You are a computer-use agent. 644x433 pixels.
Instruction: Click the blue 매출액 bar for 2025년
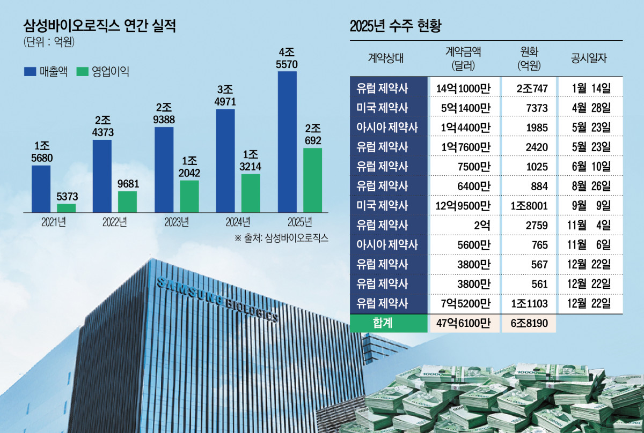click(x=287, y=141)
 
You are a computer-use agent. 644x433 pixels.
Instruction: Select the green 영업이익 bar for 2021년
click(x=67, y=208)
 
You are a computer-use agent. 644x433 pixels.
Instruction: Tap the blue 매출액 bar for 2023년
click(x=164, y=169)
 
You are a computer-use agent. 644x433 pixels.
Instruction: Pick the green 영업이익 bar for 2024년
click(x=251, y=193)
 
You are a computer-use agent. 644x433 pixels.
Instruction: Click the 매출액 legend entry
click(x=46, y=71)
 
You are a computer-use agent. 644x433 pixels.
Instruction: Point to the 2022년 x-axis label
click(x=115, y=222)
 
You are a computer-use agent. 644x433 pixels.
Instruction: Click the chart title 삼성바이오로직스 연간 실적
click(x=100, y=25)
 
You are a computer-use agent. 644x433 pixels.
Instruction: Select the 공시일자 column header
click(x=589, y=58)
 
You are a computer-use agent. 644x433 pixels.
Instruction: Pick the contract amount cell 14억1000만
click(x=463, y=88)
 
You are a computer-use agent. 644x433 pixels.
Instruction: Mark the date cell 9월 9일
click(x=589, y=206)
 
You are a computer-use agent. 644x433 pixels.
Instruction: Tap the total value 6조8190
click(x=528, y=324)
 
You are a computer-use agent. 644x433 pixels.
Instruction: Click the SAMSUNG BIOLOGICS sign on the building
click(x=217, y=300)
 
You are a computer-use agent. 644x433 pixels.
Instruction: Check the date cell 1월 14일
click(x=589, y=88)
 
